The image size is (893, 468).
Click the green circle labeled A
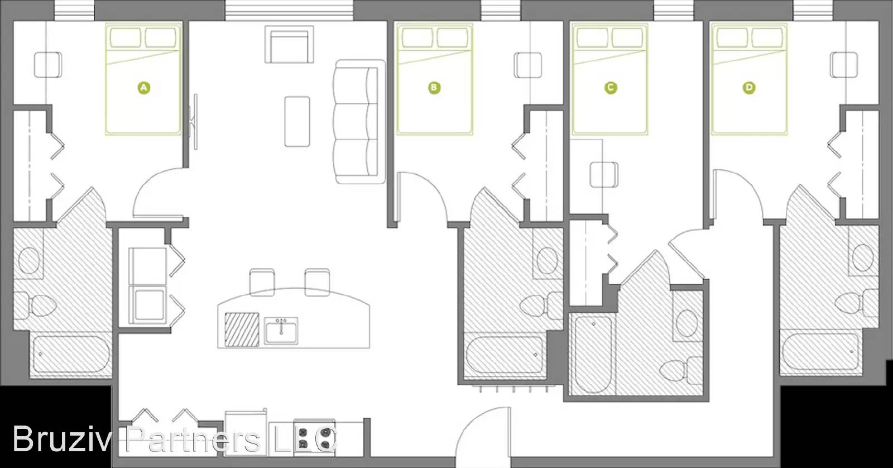tap(144, 88)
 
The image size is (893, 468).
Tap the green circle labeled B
tap(434, 88)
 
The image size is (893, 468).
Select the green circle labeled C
tap(611, 88)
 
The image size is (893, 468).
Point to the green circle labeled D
tap(749, 88)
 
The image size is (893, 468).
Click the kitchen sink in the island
tap(281, 329)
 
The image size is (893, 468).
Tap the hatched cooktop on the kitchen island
tap(242, 329)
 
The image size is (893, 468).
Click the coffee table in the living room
tap(297, 121)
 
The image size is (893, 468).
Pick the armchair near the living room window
tap(289, 45)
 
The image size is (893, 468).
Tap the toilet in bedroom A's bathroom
tap(39, 305)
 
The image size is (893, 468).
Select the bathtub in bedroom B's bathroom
tap(503, 355)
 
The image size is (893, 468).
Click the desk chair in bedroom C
tap(604, 174)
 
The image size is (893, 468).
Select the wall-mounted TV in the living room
tap(195, 122)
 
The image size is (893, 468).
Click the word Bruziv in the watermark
tap(62, 439)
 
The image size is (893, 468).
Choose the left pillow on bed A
tap(125, 38)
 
